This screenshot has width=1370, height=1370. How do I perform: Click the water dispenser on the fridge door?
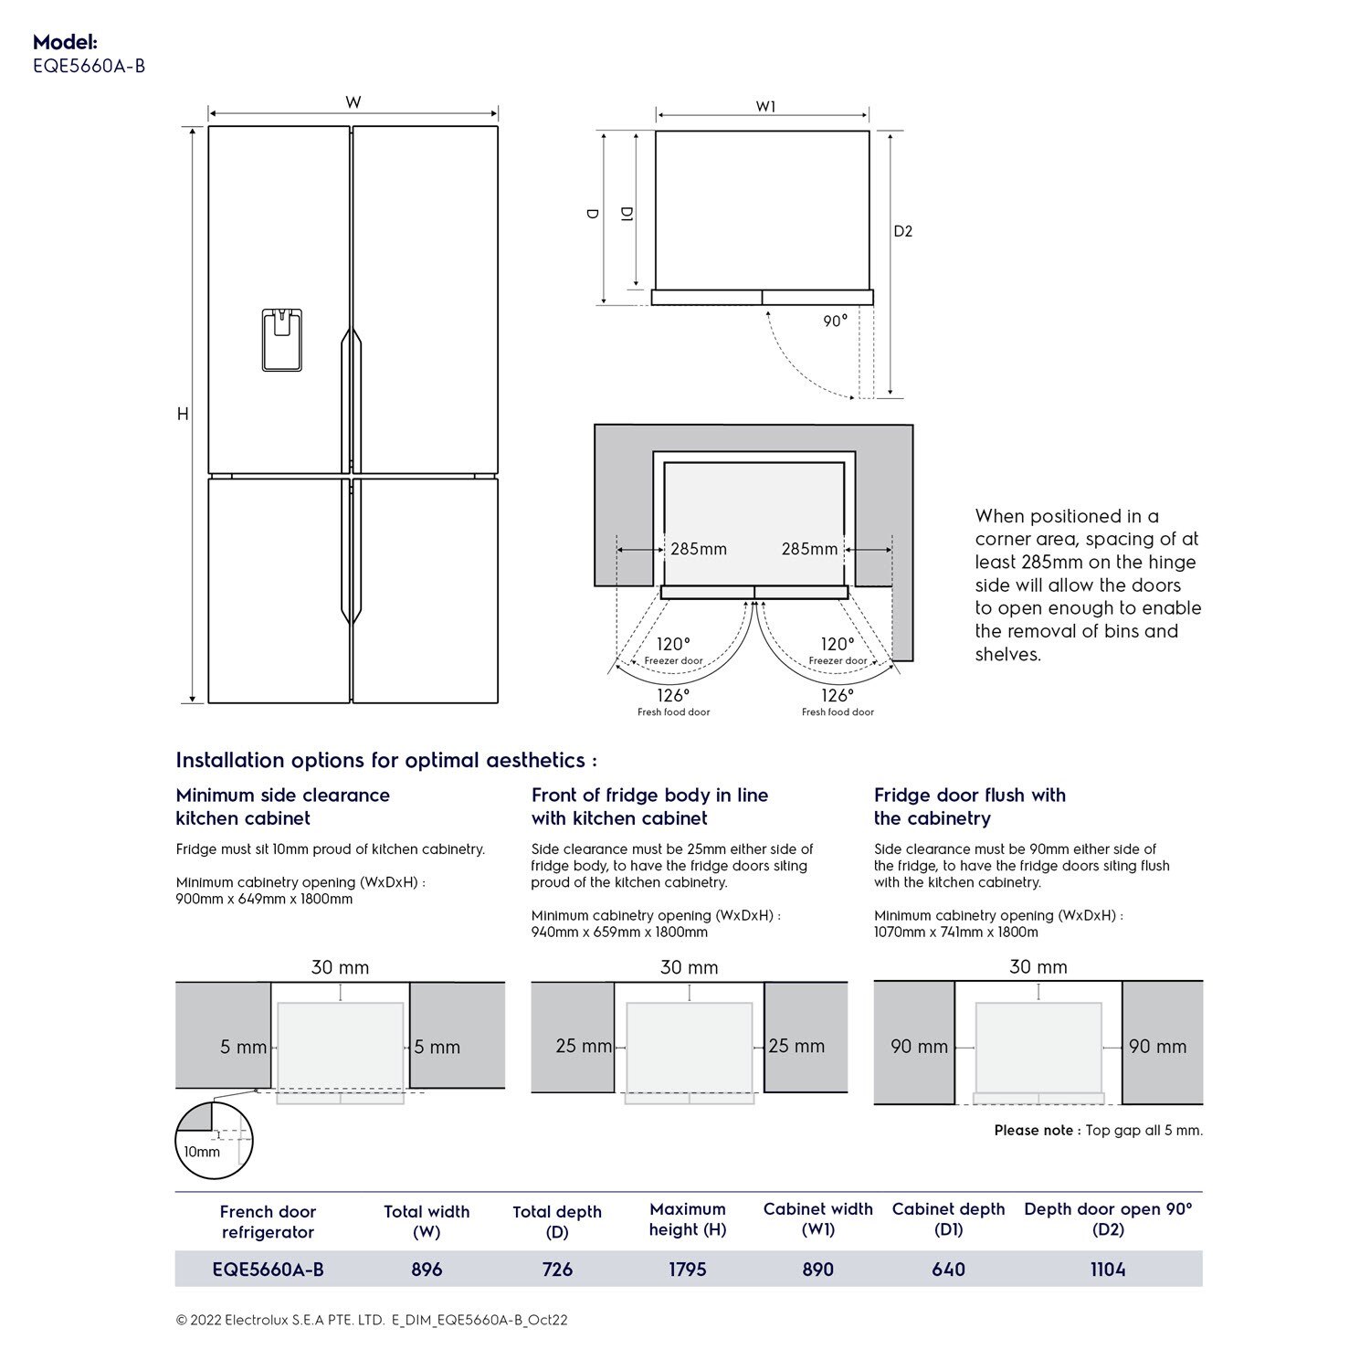point(281,340)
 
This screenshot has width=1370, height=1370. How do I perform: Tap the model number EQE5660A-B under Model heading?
point(89,66)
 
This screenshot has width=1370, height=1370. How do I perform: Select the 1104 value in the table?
point(1107,1269)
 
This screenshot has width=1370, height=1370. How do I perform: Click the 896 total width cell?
point(427,1269)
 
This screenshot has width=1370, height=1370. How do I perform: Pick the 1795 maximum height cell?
point(687,1269)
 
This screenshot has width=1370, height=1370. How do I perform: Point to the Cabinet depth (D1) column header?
point(948,1219)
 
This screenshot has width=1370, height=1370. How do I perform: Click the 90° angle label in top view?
point(835,321)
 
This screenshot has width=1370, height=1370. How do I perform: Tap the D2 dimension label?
point(902,231)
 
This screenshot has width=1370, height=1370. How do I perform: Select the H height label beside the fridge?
point(183,414)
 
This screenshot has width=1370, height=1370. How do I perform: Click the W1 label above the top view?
point(765,107)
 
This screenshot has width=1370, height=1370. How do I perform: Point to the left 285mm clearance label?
point(699,549)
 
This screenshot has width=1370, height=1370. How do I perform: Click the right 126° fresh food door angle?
point(837,696)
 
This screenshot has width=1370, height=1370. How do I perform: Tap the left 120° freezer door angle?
point(673,645)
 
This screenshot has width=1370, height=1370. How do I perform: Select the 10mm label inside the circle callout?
point(202,1152)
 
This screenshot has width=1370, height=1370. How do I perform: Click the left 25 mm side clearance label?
point(584,1046)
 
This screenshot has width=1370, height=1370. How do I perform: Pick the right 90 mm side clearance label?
point(1157,1047)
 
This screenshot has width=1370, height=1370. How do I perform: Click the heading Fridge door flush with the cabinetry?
point(969,806)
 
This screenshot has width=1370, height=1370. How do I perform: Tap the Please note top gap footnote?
point(1098,1131)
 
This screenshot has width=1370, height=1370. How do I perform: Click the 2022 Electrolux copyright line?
point(372,1320)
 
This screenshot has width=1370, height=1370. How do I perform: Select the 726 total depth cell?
point(557,1269)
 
